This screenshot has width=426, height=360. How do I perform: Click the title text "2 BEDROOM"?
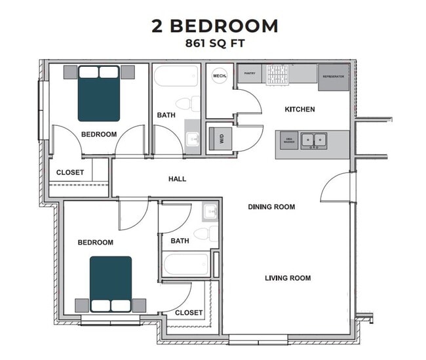pyautogui.click(x=214, y=26)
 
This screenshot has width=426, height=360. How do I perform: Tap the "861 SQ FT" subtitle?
pyautogui.click(x=214, y=45)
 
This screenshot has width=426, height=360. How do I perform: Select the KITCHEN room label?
pyautogui.click(x=299, y=109)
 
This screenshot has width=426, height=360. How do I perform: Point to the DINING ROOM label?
pyautogui.click(x=271, y=207)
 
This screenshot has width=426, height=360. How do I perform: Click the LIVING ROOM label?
pyautogui.click(x=288, y=278)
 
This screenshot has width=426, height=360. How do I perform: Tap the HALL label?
pyautogui.click(x=177, y=178)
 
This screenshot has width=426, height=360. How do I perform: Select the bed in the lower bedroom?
pyautogui.click(x=110, y=283)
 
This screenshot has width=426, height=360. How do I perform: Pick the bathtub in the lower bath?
pyautogui.click(x=185, y=264)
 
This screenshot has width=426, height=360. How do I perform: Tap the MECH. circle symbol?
pyautogui.click(x=220, y=76)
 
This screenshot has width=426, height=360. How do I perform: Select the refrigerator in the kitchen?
pyautogui.click(x=334, y=77)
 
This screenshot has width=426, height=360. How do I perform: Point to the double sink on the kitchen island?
pyautogui.click(x=314, y=140)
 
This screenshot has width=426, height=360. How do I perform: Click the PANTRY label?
pyautogui.click(x=250, y=73)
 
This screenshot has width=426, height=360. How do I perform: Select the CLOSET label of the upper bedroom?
pyautogui.click(x=70, y=172)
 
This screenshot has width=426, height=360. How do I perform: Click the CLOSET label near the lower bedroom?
pyautogui.click(x=189, y=313)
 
